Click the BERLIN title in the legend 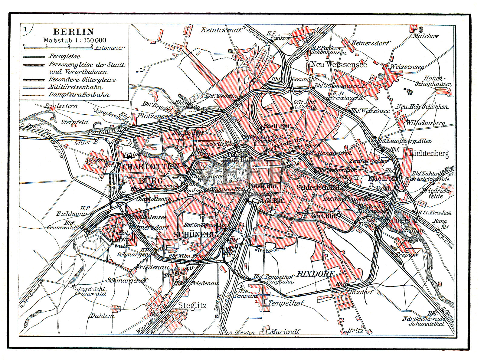point(74,31)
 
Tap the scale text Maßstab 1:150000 point(74,40)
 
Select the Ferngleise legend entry point(64,56)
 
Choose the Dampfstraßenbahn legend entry point(79,95)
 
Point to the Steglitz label point(192,305)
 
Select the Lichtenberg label point(429,153)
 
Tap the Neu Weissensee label point(339,64)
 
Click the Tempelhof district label point(286,303)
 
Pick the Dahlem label point(102,316)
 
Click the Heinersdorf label point(370,43)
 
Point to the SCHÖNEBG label point(195,234)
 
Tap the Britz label point(355,330)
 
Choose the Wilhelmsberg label point(425,123)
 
